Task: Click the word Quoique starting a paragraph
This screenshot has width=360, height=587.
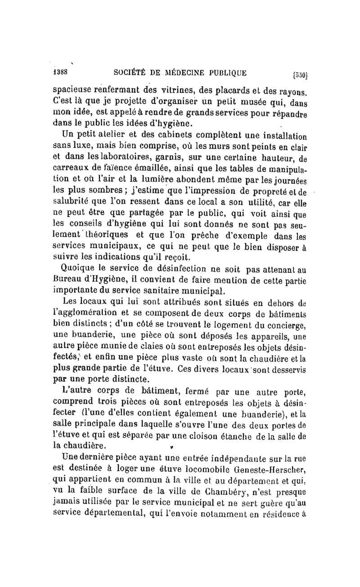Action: [78, 269]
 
